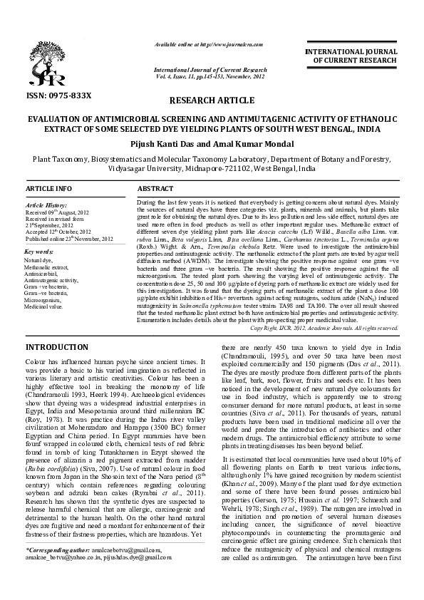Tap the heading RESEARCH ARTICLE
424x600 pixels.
pos(212,101)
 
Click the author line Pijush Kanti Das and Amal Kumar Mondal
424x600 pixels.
pos(212,144)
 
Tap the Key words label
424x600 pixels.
pos(39,252)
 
